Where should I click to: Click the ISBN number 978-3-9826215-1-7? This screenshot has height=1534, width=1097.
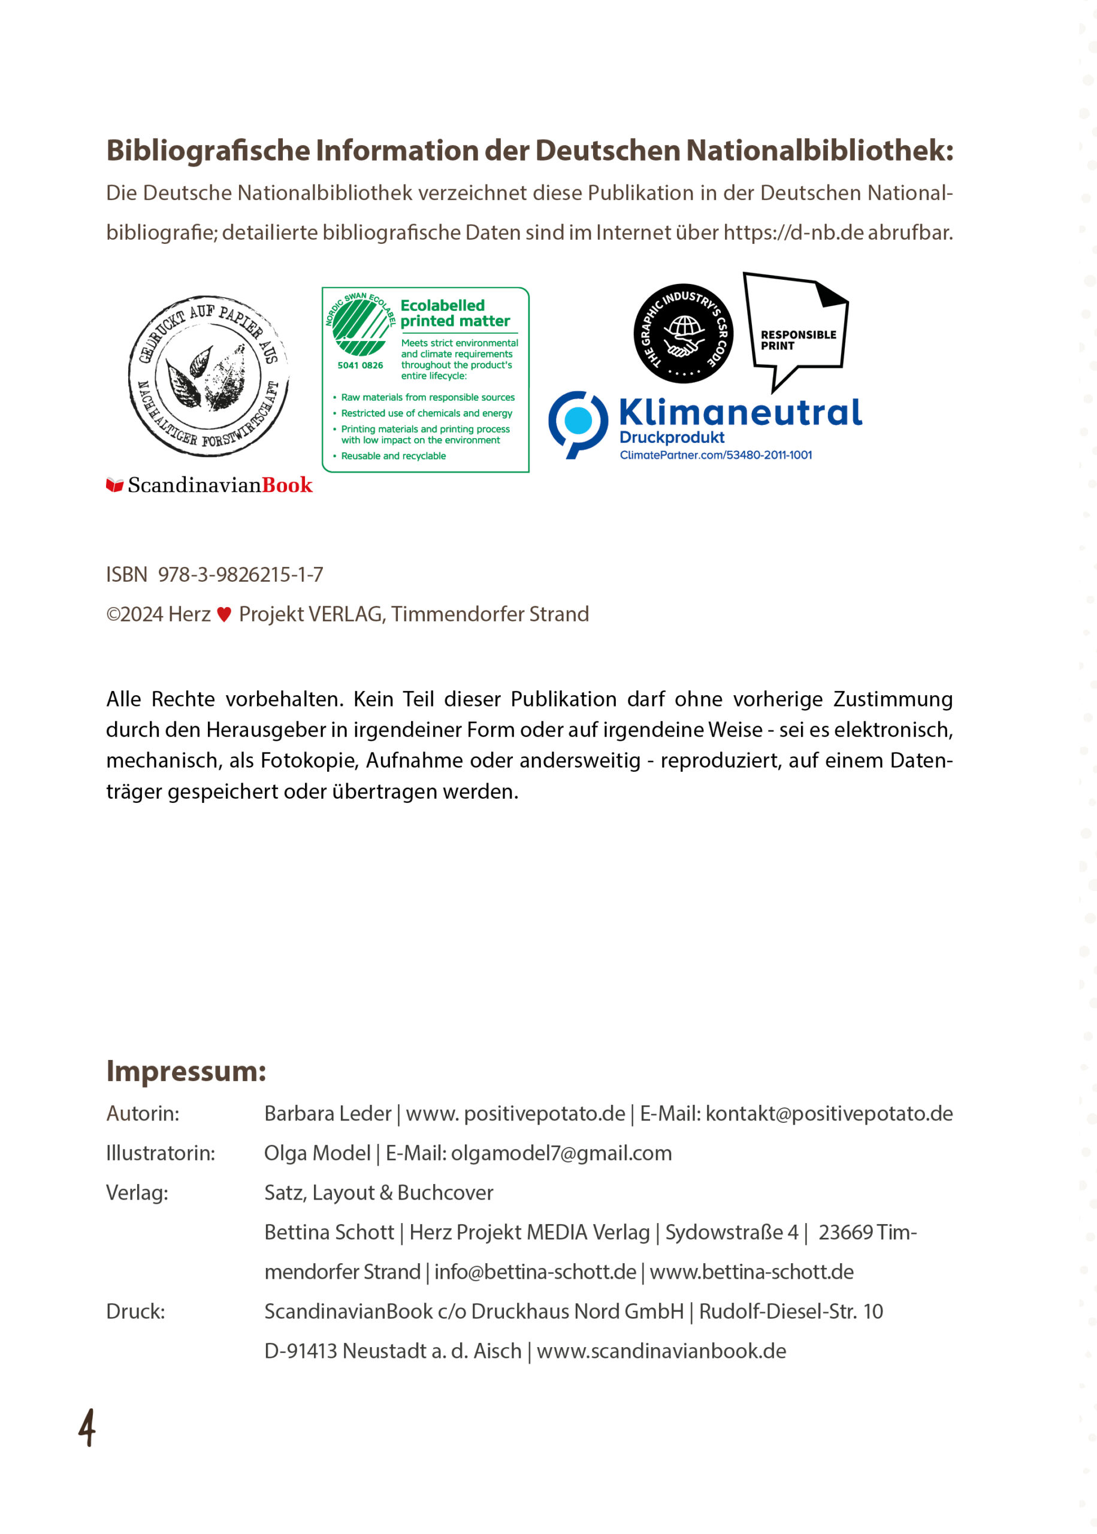[240, 574]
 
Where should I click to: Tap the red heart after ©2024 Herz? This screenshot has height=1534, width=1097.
[224, 614]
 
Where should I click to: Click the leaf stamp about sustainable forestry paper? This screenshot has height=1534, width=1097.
[208, 376]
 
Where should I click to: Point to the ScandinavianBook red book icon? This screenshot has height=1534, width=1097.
[115, 485]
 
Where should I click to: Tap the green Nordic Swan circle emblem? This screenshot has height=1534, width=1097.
[360, 327]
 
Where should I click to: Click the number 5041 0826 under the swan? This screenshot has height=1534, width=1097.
[360, 366]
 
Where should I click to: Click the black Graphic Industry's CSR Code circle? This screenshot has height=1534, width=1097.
[683, 333]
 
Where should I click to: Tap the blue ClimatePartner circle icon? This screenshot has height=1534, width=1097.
[578, 422]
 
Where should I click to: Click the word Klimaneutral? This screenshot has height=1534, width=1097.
[741, 412]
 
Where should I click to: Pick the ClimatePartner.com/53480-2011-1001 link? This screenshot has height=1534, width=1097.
[715, 455]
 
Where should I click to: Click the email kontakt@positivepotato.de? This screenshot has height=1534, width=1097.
[829, 1113]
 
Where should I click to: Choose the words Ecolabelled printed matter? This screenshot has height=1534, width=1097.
[455, 313]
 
